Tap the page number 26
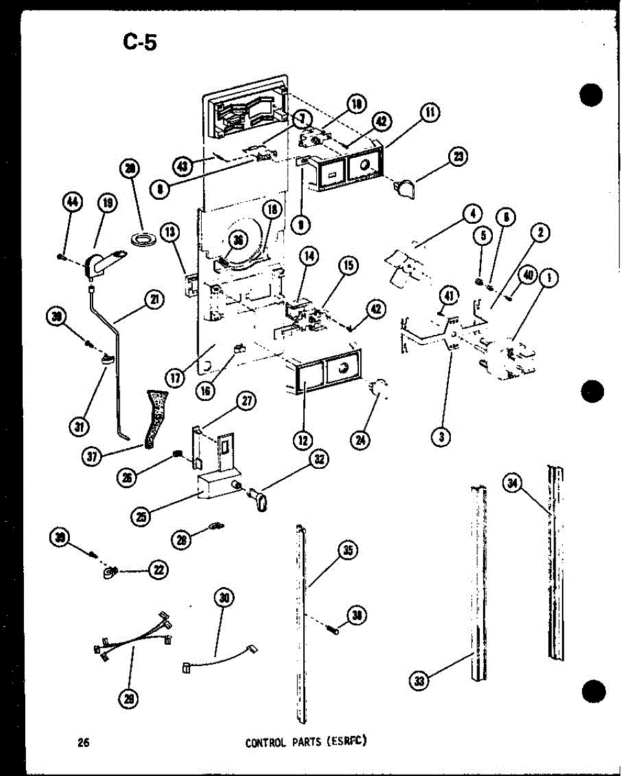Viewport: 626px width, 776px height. click(83, 743)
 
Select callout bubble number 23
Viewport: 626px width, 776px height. click(459, 157)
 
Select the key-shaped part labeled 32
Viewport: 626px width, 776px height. click(257, 502)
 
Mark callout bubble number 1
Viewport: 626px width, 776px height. click(549, 279)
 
